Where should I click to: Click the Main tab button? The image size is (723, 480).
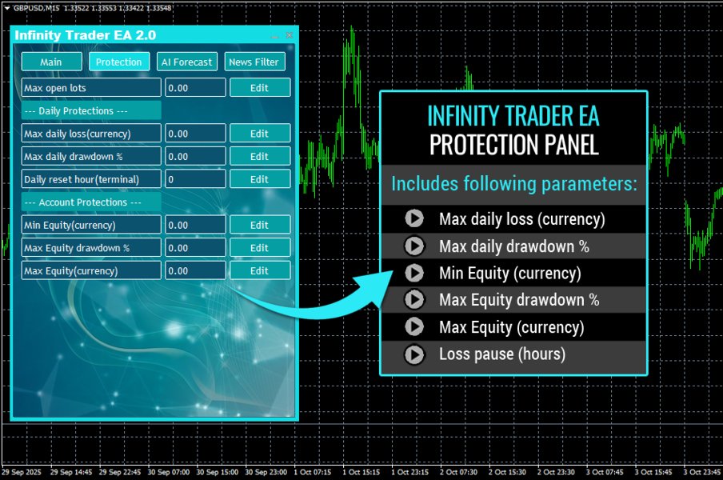51,62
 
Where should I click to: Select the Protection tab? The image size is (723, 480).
118,62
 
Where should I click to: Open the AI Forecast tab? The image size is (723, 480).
186,62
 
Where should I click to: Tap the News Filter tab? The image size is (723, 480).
254,62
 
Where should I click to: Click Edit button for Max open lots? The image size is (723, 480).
259,88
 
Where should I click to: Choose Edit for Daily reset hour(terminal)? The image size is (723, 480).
259,179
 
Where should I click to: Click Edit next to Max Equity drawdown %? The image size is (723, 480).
259,248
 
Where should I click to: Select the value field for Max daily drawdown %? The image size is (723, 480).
195,157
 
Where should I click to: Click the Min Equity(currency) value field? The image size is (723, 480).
195,226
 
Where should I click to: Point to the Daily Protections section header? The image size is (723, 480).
91,111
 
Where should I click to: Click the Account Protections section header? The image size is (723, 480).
91,202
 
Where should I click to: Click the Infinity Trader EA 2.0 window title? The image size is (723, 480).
85,35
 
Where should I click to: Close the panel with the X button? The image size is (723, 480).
290,35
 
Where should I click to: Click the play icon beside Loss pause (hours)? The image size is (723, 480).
413,354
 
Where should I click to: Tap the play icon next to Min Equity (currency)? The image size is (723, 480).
413,273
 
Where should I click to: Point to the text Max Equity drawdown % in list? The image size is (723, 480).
519,300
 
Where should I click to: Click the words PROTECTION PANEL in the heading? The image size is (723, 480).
513,145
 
